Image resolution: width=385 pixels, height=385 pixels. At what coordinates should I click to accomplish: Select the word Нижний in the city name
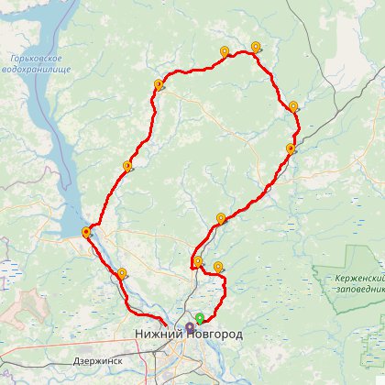pyautogui.click(x=159, y=335)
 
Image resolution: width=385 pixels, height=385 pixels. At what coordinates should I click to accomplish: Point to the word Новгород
pyautogui.click(x=216, y=335)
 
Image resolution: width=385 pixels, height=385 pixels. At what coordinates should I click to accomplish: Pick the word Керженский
pyautogui.click(x=358, y=277)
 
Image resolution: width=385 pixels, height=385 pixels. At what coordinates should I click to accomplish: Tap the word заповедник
pyautogui.click(x=359, y=288)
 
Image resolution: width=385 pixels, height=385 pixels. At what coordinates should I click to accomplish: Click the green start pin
pyautogui.click(x=200, y=318)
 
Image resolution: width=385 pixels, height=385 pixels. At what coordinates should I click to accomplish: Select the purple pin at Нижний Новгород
pyautogui.click(x=190, y=326)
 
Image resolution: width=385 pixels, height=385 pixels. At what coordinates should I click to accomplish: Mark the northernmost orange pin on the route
pyautogui.click(x=256, y=46)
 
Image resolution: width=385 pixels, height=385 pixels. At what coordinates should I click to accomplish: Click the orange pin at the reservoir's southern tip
pyautogui.click(x=86, y=232)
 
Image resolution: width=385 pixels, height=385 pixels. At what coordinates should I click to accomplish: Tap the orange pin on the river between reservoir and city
pyautogui.click(x=122, y=272)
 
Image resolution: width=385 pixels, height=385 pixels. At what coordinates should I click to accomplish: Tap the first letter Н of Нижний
pyautogui.click(x=138, y=335)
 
